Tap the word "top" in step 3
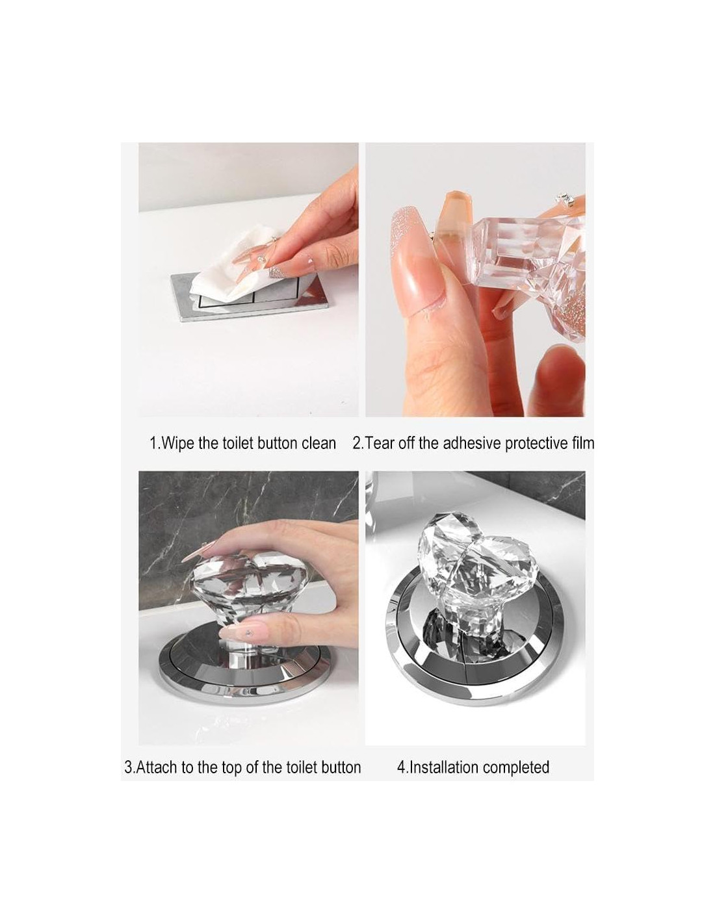[x=231, y=768]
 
